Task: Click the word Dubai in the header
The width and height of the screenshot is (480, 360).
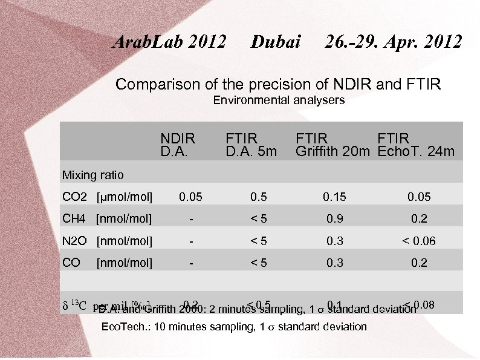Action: click(x=276, y=42)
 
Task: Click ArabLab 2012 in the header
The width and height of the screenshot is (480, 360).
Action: click(x=170, y=42)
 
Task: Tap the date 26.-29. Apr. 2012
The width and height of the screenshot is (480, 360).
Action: click(x=393, y=42)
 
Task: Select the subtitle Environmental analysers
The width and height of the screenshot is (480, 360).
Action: click(x=279, y=100)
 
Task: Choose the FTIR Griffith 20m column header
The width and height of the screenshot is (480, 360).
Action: click(x=332, y=145)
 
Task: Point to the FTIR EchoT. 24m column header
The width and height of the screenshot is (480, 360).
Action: click(x=416, y=145)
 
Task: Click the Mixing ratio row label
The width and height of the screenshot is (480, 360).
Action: click(x=93, y=175)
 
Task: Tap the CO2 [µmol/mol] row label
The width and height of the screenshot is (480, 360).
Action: click(x=108, y=197)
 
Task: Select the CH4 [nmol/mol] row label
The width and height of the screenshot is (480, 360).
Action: click(x=108, y=218)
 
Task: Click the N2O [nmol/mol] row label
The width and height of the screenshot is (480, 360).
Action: click(x=108, y=241)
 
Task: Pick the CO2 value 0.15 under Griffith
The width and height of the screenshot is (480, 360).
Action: click(x=334, y=197)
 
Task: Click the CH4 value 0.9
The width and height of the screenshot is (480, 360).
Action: click(x=334, y=218)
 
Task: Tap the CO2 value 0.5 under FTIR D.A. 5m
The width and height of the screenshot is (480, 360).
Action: click(x=259, y=197)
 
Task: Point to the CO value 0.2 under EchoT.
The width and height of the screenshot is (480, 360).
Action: click(x=418, y=263)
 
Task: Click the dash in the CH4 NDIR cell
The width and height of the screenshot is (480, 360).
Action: click(x=191, y=218)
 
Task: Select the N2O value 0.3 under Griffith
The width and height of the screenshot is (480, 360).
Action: click(x=334, y=241)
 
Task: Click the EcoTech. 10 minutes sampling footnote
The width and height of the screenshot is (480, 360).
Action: click(x=234, y=327)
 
